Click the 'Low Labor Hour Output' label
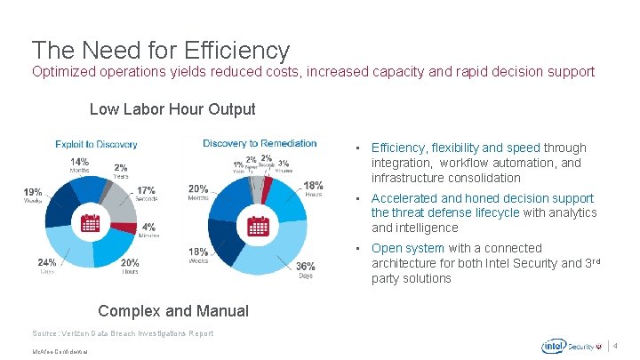172,109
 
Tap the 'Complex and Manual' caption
173,310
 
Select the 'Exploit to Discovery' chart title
96,144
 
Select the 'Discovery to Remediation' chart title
260,143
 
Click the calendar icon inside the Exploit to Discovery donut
90,222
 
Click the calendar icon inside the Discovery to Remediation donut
259,222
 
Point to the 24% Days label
46,265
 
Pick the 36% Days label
305,269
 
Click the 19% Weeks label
33,196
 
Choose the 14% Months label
79,165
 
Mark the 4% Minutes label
148,230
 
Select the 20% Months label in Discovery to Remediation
198,192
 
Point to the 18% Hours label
313,188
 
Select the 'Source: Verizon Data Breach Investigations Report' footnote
123,332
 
